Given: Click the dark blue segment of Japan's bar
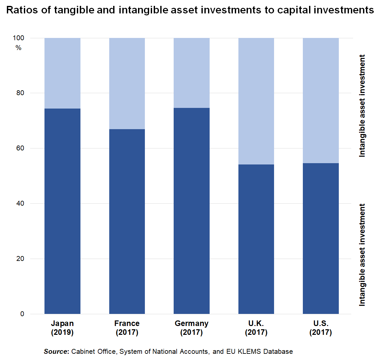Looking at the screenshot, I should click(x=62, y=211).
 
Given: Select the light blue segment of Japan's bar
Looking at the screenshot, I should click(x=62, y=73).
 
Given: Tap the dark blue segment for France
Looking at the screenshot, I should click(x=127, y=221).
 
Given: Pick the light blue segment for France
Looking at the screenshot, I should click(x=127, y=83).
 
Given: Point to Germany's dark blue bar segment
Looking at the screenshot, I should click(x=192, y=211).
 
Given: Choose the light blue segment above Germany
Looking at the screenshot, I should click(x=192, y=73).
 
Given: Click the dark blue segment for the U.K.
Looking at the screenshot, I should click(x=256, y=239).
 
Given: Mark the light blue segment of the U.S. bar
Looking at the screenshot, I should click(x=320, y=100).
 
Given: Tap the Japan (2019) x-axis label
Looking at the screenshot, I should click(x=62, y=328).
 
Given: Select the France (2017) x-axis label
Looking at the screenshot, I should click(x=127, y=328).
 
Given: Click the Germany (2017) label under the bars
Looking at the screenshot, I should click(x=192, y=328).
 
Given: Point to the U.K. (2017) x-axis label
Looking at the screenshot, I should click(x=256, y=328).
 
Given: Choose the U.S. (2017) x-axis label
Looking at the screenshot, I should click(x=320, y=328).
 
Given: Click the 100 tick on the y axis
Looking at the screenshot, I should click(x=19, y=38).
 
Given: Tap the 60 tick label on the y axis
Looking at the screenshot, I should click(x=20, y=148).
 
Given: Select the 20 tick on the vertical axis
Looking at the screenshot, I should click(x=20, y=259).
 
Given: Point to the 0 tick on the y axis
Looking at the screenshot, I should click(x=22, y=314).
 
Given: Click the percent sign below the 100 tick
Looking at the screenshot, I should click(x=18, y=48).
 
